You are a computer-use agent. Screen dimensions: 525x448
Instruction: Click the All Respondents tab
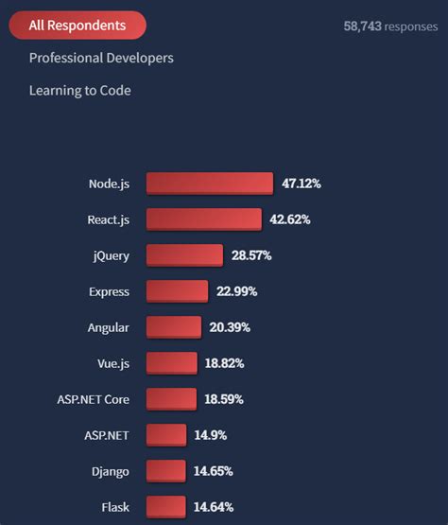point(78,26)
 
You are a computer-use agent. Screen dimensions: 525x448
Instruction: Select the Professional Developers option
point(101,59)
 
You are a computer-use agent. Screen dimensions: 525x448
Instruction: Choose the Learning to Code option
point(79,91)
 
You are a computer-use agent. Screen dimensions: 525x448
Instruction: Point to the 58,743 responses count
point(389,26)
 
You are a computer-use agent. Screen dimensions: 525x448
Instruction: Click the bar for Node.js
point(209,184)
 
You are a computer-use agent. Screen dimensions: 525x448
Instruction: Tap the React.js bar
point(203,219)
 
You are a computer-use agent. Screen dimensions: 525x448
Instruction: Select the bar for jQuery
point(184,255)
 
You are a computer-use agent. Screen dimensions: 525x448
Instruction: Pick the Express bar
point(177,291)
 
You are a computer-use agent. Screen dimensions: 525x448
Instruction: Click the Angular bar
point(174,327)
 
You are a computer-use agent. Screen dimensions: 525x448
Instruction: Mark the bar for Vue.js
point(171,363)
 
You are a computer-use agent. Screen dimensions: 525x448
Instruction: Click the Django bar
point(166,471)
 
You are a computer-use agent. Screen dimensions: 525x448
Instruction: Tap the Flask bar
point(166,507)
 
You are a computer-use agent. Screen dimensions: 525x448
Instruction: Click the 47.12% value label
point(302,184)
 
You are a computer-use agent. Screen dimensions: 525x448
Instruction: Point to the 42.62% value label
point(290,219)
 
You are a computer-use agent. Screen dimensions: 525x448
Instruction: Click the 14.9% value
point(211,435)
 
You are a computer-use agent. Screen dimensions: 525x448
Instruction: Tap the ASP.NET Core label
point(93,399)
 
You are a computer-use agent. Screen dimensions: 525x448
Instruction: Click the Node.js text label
point(109,184)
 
